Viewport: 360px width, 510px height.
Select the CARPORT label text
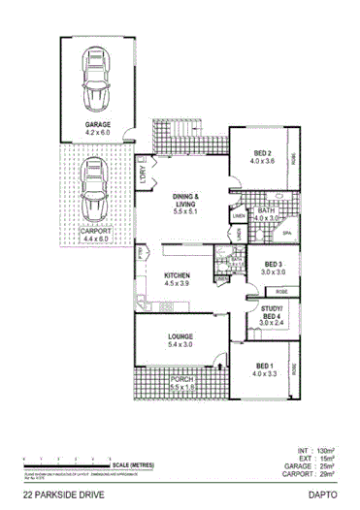pyautogui.click(x=94, y=230)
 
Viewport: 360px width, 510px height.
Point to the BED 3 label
pyautogui.click(x=274, y=265)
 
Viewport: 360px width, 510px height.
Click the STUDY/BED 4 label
pyautogui.click(x=273, y=312)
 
